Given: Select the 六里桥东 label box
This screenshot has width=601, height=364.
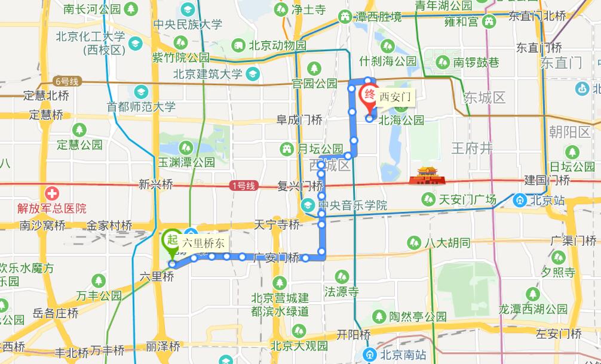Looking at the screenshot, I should [203, 242].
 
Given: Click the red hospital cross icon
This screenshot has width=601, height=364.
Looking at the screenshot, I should [52, 193].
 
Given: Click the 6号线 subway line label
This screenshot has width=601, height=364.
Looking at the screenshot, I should [66, 81].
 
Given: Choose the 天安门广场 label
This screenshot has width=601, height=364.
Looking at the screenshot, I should [467, 199].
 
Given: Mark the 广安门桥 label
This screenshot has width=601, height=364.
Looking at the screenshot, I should [276, 258].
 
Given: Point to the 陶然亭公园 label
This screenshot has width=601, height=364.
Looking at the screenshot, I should [418, 316].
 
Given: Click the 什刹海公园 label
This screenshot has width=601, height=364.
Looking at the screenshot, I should [388, 61].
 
